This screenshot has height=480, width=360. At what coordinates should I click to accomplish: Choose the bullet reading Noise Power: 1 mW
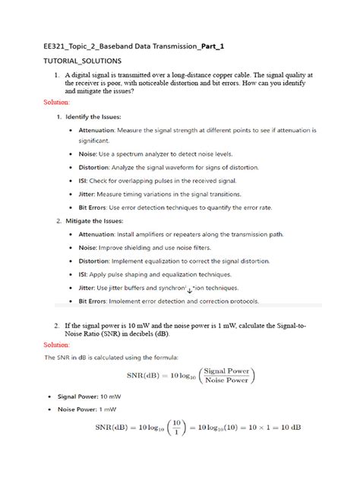point(92,409)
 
